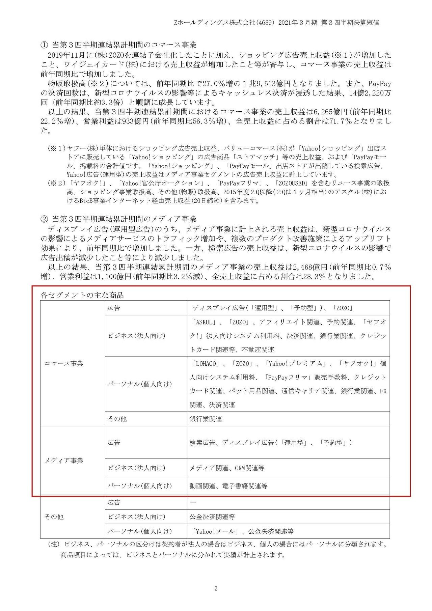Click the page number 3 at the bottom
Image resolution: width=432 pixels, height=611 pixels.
[x=216, y=589]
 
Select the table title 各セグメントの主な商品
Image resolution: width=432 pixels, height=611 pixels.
[x=82, y=295]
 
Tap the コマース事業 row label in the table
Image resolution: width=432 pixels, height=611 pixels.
[x=64, y=363]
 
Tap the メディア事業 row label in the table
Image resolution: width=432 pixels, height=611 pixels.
[x=64, y=461]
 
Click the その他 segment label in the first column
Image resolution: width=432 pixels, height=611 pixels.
[x=54, y=517]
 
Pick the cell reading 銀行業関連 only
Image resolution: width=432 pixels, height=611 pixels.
[x=206, y=419]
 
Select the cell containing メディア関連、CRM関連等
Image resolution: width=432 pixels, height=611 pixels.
[x=227, y=468]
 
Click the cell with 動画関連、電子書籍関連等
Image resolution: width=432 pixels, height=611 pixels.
[x=228, y=486]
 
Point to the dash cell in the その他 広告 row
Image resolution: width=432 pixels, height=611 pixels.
[x=193, y=502]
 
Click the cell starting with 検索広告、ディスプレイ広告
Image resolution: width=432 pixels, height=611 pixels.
[x=271, y=442]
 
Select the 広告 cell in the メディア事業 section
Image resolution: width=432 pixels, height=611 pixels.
[x=114, y=442]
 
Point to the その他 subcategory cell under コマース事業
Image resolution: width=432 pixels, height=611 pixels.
[x=117, y=419]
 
